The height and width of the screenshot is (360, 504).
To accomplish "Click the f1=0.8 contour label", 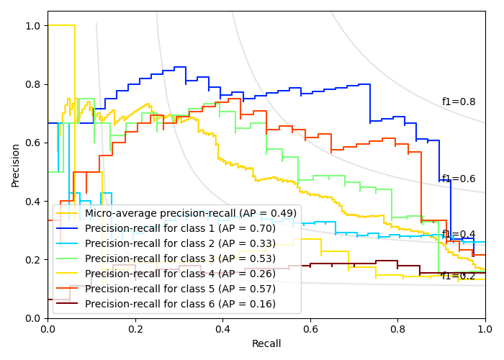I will tap(459, 102).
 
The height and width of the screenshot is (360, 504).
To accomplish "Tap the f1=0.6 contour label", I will tap(459, 179).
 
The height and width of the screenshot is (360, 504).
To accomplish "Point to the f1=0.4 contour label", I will tap(459, 235).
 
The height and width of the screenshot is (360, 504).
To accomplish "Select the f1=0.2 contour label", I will tap(459, 276).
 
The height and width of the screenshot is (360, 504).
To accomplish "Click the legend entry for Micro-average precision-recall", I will tap(191, 213).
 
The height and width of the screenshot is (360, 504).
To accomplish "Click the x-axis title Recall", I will tap(266, 344).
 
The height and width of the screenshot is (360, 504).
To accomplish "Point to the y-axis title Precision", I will tap(16, 164).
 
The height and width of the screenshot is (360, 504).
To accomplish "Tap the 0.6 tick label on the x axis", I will tap(310, 329).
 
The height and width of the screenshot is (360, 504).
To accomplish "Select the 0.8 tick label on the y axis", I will tap(32, 84).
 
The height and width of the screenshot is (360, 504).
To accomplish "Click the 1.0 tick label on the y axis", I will tap(32, 26).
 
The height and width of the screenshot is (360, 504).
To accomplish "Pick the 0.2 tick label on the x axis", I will tap(135, 329).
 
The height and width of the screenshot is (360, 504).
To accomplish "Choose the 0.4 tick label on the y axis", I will tap(32, 201).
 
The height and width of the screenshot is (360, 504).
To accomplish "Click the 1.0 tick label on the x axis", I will tap(485, 329).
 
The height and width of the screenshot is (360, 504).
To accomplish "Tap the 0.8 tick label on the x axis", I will tap(397, 329).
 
